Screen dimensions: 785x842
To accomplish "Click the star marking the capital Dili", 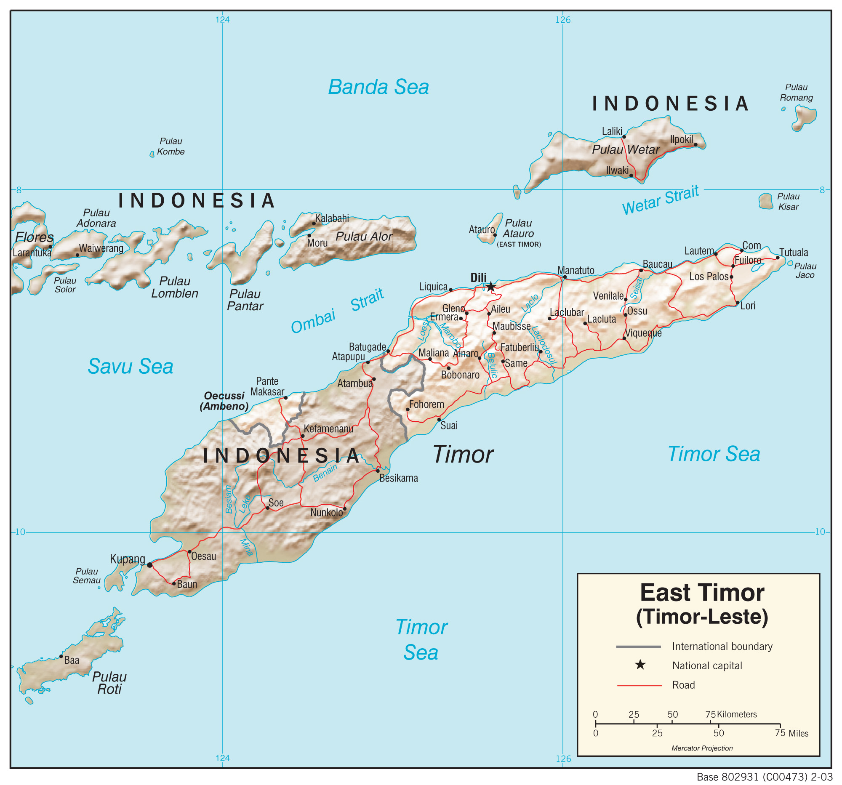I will tap(490, 287).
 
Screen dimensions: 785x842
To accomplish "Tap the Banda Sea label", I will tap(378, 87).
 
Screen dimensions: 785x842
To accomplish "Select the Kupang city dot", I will tap(149, 565).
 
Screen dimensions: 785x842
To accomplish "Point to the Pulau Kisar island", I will tap(765, 201).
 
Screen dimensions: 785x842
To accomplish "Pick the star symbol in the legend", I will tap(640, 665).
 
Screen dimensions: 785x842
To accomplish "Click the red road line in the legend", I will tap(639, 685).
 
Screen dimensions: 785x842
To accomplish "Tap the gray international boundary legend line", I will tap(638, 647).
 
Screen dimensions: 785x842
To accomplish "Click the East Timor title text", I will tap(702, 593).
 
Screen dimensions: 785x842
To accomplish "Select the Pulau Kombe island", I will tap(152, 154).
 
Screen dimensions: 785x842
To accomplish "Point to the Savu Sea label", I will tap(130, 367).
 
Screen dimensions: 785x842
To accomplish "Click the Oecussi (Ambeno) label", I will tap(224, 401).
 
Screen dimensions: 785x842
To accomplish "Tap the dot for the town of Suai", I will tap(439, 420).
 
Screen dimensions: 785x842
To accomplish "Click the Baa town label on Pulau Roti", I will tap(71, 660).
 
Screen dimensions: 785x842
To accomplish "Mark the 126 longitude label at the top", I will tap(563, 20).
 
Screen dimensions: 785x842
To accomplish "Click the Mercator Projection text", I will tap(702, 748).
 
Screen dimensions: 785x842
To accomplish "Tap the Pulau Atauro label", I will tap(518, 228).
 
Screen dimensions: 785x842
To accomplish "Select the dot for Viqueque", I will tap(624, 338).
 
